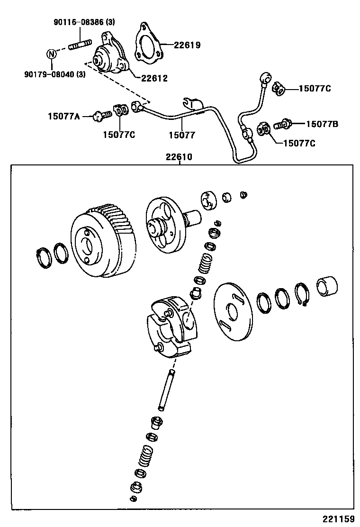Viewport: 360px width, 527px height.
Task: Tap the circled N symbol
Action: [x=52, y=54]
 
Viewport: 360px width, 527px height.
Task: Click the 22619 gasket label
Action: [x=187, y=45]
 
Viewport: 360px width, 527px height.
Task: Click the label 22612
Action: [x=154, y=78]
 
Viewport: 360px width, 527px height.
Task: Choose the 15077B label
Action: [x=322, y=124]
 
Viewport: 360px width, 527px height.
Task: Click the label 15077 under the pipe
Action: [x=181, y=135]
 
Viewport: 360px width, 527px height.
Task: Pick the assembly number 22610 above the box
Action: [x=179, y=157]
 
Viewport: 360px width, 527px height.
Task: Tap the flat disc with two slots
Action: [x=232, y=312]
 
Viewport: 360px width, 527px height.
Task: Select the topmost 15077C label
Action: [x=315, y=89]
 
